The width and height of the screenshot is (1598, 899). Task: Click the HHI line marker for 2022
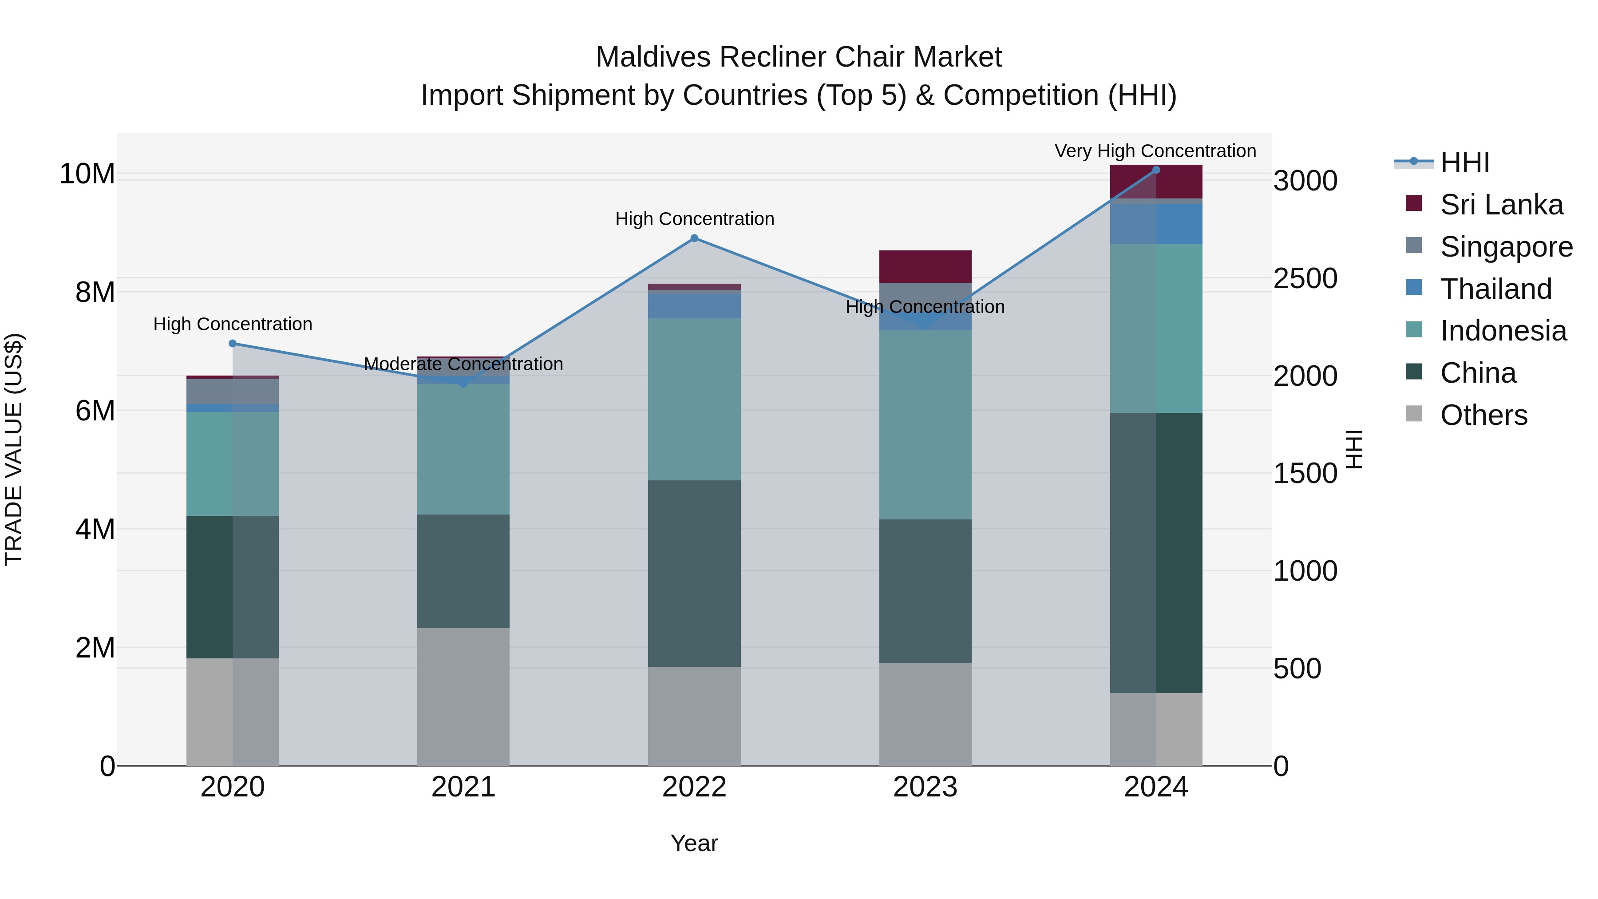pyautogui.click(x=694, y=238)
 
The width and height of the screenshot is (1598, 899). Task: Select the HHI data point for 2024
pyautogui.click(x=1156, y=170)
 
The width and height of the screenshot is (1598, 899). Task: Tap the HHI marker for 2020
pyautogui.click(x=233, y=344)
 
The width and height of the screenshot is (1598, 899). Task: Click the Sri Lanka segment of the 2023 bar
pyautogui.click(x=925, y=267)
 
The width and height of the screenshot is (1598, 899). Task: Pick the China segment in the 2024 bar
pyautogui.click(x=1156, y=552)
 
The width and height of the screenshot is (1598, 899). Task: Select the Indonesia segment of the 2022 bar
pyautogui.click(x=694, y=399)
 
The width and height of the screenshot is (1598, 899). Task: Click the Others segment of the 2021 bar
pyautogui.click(x=463, y=696)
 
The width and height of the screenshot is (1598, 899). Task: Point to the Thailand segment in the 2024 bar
pyautogui.click(x=1156, y=224)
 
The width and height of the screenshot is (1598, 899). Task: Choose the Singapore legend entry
pyautogui.click(x=1506, y=247)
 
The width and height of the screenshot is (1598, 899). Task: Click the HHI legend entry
pyautogui.click(x=1464, y=162)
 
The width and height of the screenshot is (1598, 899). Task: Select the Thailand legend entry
pyautogui.click(x=1495, y=289)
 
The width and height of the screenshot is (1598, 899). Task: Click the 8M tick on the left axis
pyautogui.click(x=95, y=292)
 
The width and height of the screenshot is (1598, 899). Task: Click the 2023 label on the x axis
pyautogui.click(x=925, y=787)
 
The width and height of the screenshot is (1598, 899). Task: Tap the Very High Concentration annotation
pyautogui.click(x=1155, y=151)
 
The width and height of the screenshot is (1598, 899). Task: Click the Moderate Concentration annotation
pyautogui.click(x=463, y=364)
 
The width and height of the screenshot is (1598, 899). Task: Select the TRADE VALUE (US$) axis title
pyautogui.click(x=14, y=449)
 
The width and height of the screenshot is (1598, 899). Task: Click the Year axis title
pyautogui.click(x=694, y=843)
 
